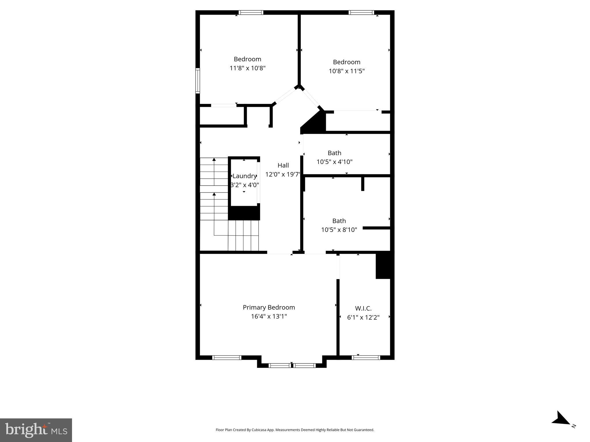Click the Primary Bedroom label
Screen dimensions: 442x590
click(x=269, y=307)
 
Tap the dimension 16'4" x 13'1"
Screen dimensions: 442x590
click(x=269, y=317)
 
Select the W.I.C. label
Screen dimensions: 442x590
click(x=363, y=308)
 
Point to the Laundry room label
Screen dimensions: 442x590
click(x=244, y=176)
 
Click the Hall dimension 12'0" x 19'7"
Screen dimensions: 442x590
click(x=283, y=174)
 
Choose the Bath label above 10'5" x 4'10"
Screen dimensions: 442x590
click(x=334, y=153)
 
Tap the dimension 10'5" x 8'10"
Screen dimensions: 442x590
click(x=339, y=230)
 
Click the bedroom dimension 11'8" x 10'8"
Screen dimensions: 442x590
click(x=247, y=68)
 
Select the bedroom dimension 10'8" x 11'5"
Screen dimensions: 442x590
click(x=347, y=71)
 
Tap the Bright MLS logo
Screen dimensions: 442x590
click(x=36, y=430)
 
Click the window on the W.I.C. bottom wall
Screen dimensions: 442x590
click(x=366, y=358)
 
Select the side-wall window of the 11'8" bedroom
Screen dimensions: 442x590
click(x=198, y=81)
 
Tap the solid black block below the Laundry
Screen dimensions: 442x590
click(x=244, y=213)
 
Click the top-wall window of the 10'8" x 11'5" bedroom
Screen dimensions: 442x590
click(x=361, y=12)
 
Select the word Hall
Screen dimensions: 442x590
click(x=283, y=165)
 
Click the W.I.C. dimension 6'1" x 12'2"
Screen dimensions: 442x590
click(x=363, y=317)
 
